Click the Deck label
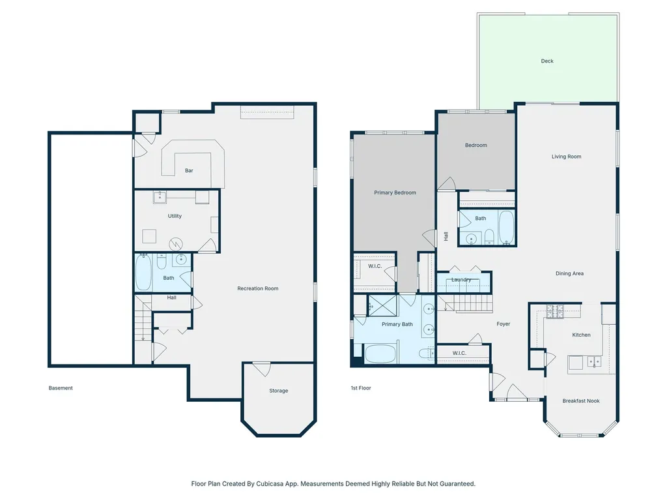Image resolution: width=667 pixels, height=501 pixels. [547, 61]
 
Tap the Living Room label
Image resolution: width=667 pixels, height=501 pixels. [566, 157]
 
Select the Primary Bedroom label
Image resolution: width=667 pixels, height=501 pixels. [395, 192]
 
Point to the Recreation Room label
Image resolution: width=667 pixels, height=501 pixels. [258, 288]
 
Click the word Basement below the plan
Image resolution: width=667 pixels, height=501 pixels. [61, 388]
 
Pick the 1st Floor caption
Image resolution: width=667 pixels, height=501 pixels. [361, 388]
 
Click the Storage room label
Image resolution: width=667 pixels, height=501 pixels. [279, 391]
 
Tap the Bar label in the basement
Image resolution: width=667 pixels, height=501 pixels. [189, 170]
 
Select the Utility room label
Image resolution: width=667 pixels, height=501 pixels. [175, 216]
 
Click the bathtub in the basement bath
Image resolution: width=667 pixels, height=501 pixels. [143, 273]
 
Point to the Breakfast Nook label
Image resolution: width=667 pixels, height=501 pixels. [580, 401]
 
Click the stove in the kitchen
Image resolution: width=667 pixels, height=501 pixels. [555, 312]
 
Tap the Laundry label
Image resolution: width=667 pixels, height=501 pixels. [461, 279]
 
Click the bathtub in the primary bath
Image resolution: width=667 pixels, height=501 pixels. [380, 354]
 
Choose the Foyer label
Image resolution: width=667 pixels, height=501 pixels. [504, 324]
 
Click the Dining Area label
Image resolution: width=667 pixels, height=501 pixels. [569, 273]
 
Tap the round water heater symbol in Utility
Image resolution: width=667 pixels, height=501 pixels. [176, 244]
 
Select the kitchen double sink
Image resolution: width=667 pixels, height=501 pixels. [594, 361]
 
